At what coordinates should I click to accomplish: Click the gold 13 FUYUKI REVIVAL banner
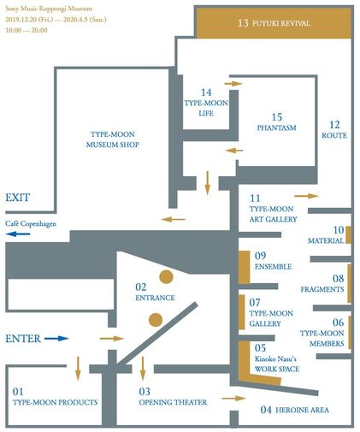(x=274, y=23)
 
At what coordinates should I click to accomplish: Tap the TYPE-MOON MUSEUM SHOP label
(x=113, y=139)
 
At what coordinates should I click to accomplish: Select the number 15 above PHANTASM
(x=277, y=117)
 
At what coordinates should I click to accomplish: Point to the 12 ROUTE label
(x=334, y=130)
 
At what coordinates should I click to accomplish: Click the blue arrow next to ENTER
(x=56, y=339)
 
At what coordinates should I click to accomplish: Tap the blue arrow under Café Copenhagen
(x=18, y=234)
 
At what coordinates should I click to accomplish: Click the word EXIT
(x=18, y=198)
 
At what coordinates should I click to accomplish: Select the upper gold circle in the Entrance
(x=166, y=276)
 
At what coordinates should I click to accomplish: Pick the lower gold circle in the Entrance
(x=156, y=320)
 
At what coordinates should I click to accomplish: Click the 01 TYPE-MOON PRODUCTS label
(x=55, y=397)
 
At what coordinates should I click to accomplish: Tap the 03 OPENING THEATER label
(x=173, y=397)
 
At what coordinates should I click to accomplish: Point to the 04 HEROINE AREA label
(x=295, y=410)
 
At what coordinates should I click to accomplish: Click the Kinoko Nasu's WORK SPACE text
(x=277, y=364)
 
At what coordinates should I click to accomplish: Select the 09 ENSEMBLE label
(x=273, y=261)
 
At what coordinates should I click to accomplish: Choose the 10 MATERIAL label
(x=326, y=235)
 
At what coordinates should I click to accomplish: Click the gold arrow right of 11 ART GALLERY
(x=306, y=196)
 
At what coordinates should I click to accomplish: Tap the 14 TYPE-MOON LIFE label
(x=206, y=103)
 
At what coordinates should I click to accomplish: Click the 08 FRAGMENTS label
(x=322, y=284)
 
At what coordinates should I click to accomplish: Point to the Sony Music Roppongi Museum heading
(x=49, y=9)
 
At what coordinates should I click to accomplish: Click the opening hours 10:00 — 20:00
(x=27, y=30)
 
